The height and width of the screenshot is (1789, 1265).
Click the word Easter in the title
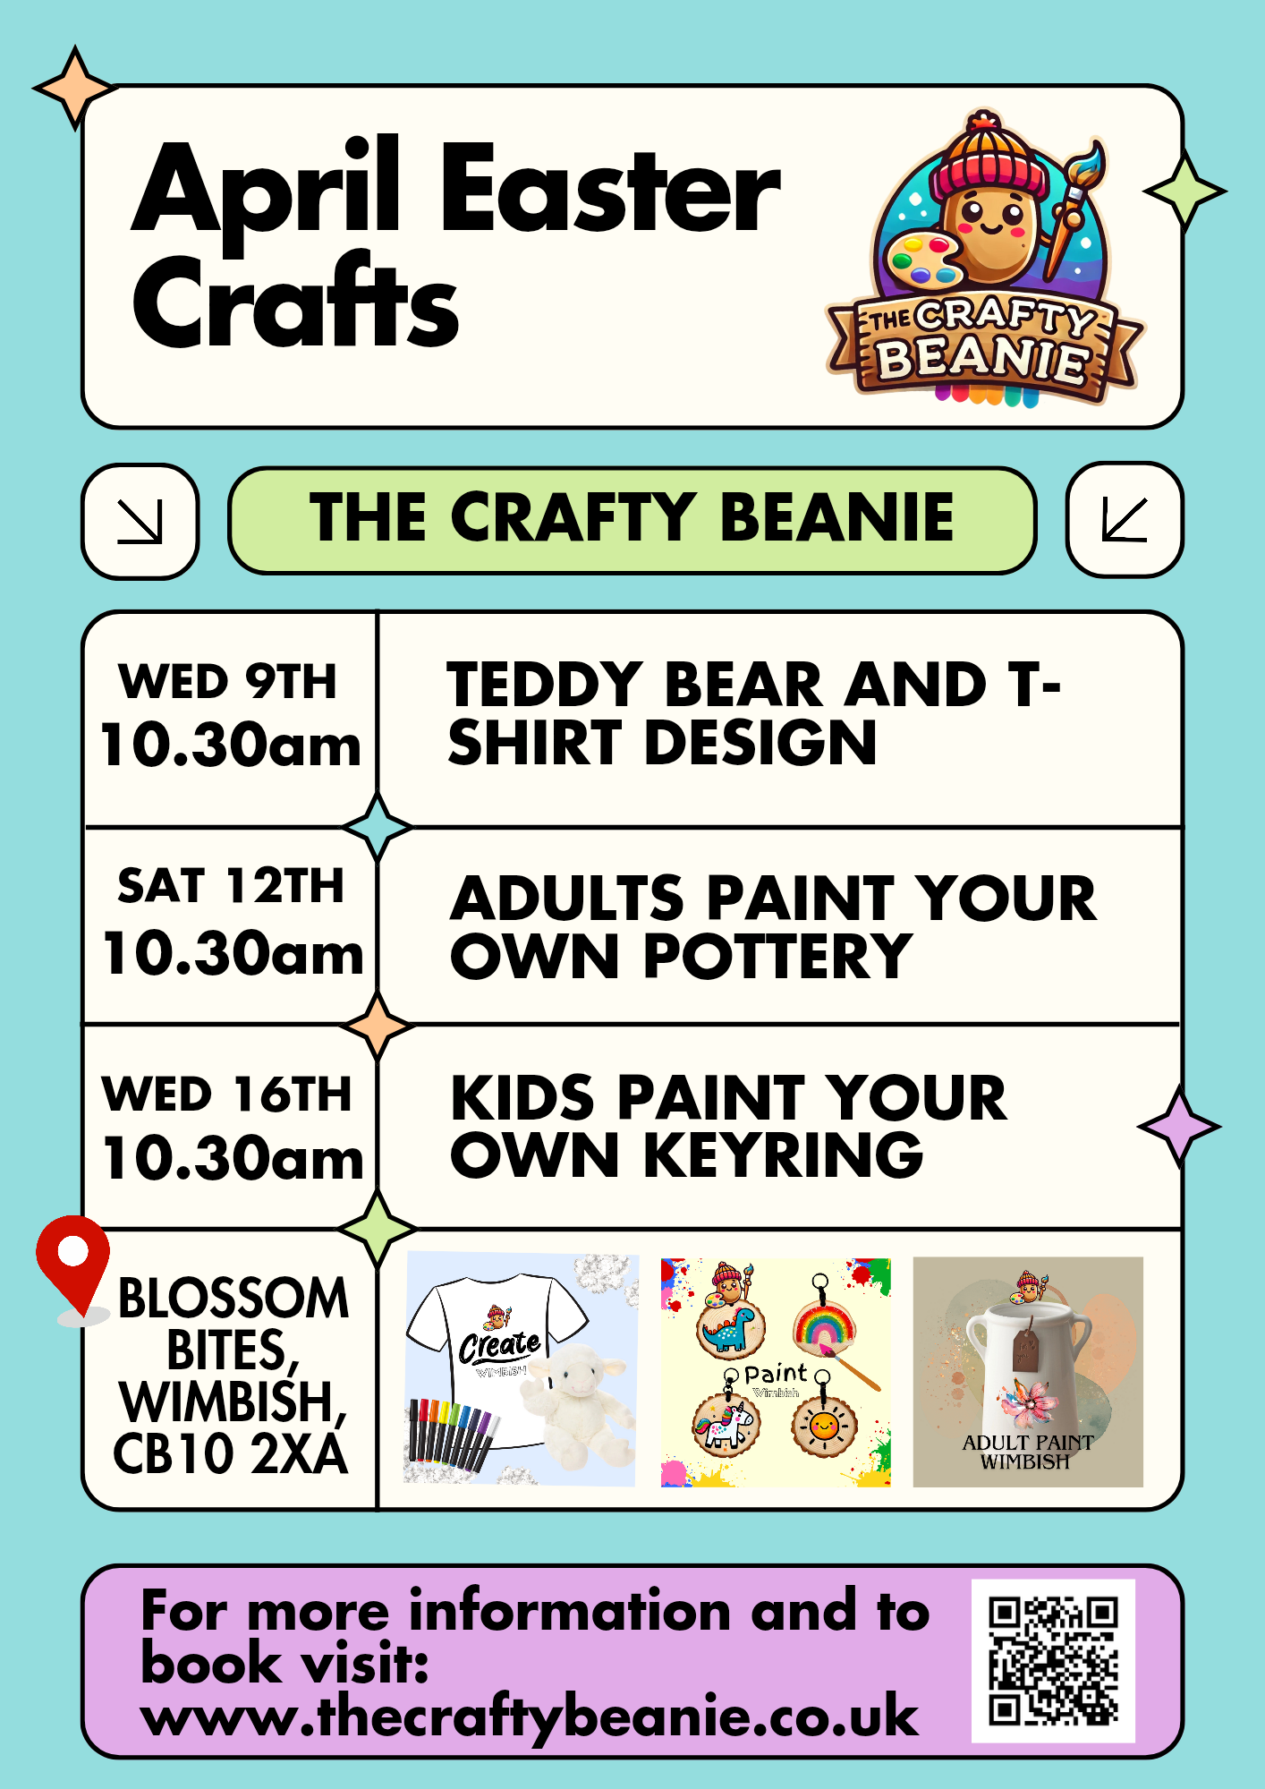click(611, 191)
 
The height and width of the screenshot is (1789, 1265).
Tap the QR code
click(1053, 1661)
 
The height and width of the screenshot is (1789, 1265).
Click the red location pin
click(73, 1265)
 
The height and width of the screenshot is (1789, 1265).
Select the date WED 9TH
click(228, 682)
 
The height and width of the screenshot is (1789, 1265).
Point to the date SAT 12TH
click(231, 886)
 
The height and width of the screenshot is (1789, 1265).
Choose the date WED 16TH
click(227, 1095)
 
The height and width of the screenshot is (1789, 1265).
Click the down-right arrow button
click(140, 521)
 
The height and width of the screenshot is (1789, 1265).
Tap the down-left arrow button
click(1125, 520)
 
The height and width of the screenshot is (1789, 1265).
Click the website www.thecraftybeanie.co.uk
click(530, 1717)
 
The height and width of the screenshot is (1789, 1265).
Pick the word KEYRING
click(784, 1155)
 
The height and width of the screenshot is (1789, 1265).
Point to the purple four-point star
click(1179, 1127)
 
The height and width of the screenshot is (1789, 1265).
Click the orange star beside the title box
click(75, 88)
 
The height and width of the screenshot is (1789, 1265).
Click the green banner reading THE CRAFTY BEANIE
click(632, 520)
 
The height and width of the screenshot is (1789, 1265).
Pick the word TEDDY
click(545, 686)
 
